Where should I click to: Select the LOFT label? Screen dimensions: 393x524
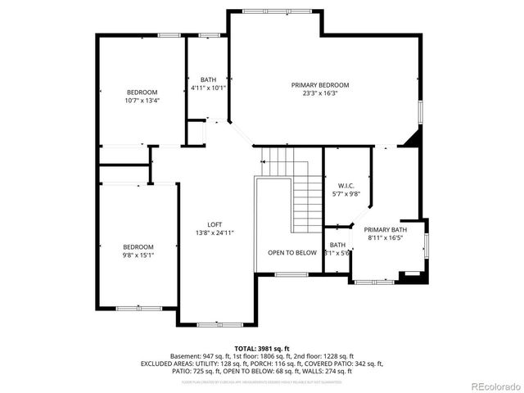pyautogui.click(x=214, y=224)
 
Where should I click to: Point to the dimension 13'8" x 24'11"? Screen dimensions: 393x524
pyautogui.click(x=214, y=233)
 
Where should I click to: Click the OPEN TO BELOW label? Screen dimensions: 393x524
pyautogui.click(x=292, y=253)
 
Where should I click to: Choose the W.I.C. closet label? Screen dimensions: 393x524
pyautogui.click(x=345, y=186)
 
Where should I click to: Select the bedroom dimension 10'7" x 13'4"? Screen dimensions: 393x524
pyautogui.click(x=142, y=101)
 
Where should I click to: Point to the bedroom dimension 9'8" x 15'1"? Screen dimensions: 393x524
pyautogui.click(x=138, y=255)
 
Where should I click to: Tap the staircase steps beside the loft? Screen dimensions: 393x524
pyautogui.click(x=307, y=196)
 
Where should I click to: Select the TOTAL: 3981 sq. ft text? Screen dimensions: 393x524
pyautogui.click(x=262, y=349)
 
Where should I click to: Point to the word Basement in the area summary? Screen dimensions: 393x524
pyautogui.click(x=184, y=356)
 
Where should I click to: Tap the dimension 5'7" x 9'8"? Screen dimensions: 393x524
pyautogui.click(x=345, y=194)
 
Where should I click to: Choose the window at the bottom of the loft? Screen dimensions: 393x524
pyautogui.click(x=219, y=325)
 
